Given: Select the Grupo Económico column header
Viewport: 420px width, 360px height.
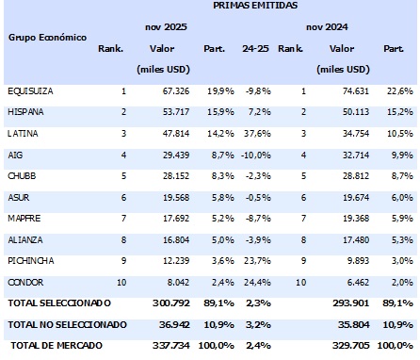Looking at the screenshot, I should click(47, 37).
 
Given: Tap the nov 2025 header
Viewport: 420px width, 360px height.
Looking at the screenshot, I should click(167, 28).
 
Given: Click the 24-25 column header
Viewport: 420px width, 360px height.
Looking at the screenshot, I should click(254, 48).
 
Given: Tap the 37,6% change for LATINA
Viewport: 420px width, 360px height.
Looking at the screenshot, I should click(256, 133).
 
